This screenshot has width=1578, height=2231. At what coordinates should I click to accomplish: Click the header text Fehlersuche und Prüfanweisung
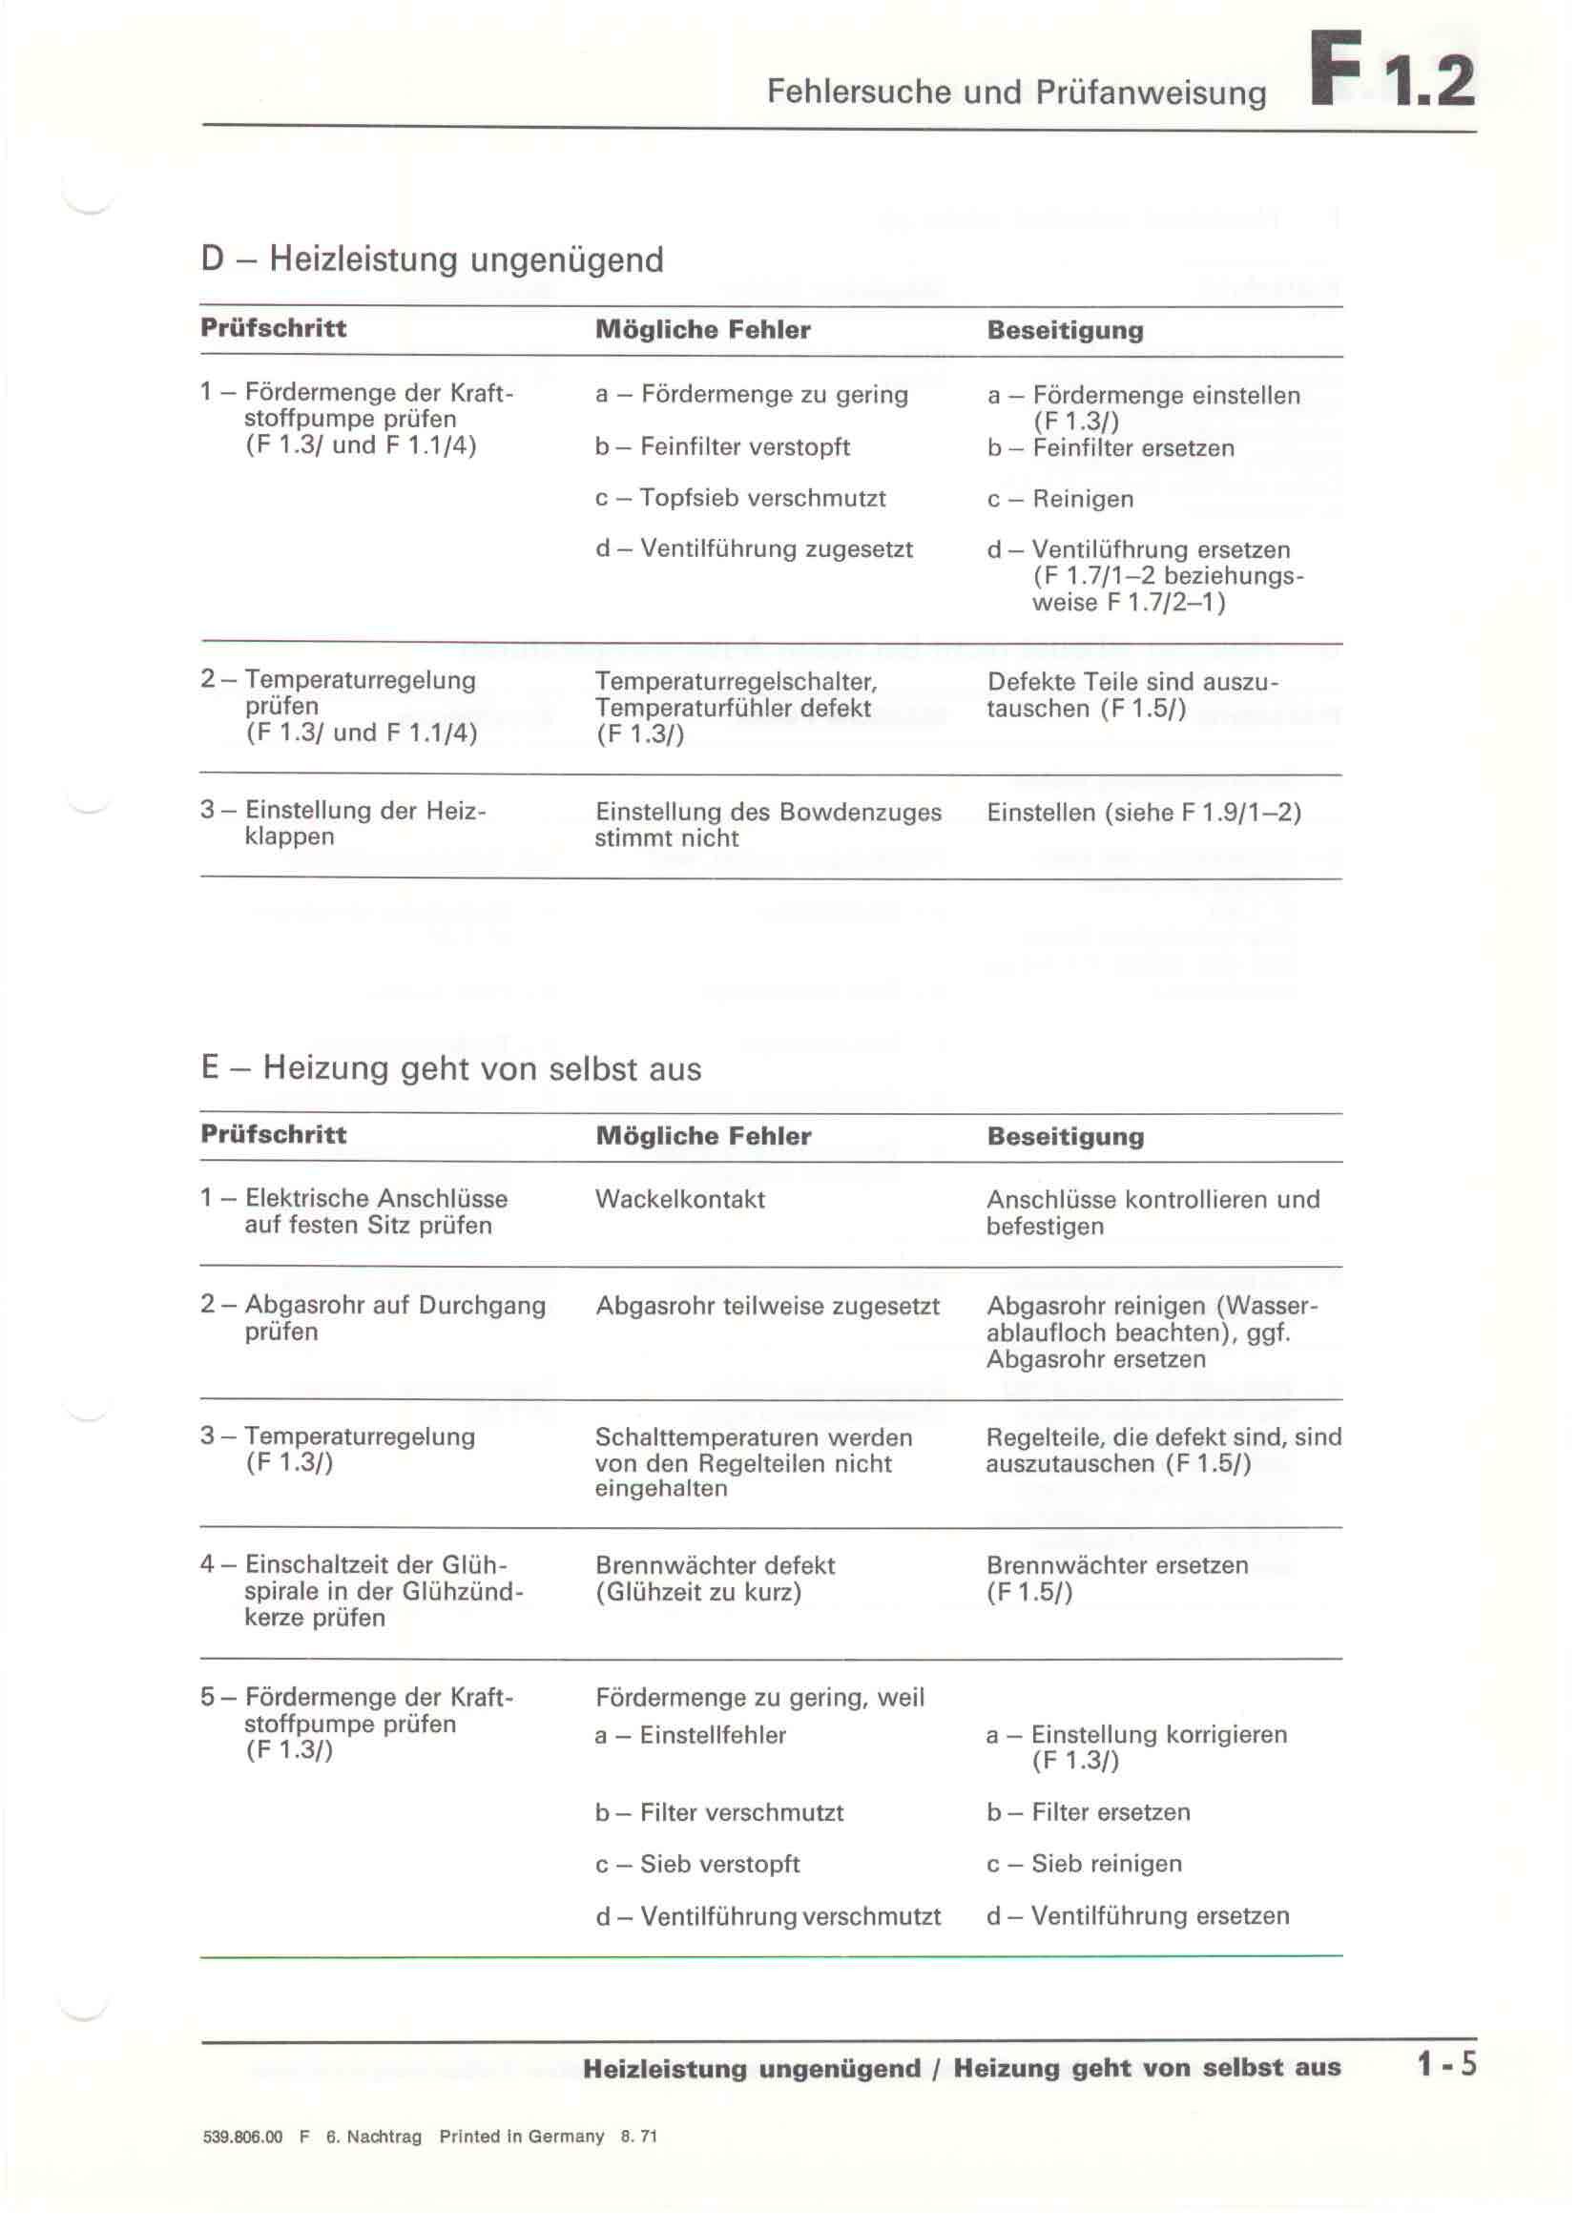tap(1016, 93)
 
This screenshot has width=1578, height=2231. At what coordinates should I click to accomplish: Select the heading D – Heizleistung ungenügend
tap(432, 259)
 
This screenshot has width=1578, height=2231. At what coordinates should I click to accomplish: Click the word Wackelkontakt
tap(680, 1199)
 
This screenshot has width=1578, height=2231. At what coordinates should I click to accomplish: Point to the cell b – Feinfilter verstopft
tap(722, 447)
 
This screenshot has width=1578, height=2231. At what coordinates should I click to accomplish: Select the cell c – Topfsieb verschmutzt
tap(740, 499)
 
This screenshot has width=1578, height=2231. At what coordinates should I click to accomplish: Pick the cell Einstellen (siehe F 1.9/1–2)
tap(1144, 813)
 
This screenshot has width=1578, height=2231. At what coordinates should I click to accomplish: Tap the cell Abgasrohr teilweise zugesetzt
tap(768, 1306)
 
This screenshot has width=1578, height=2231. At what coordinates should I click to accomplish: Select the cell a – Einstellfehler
tap(691, 1734)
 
